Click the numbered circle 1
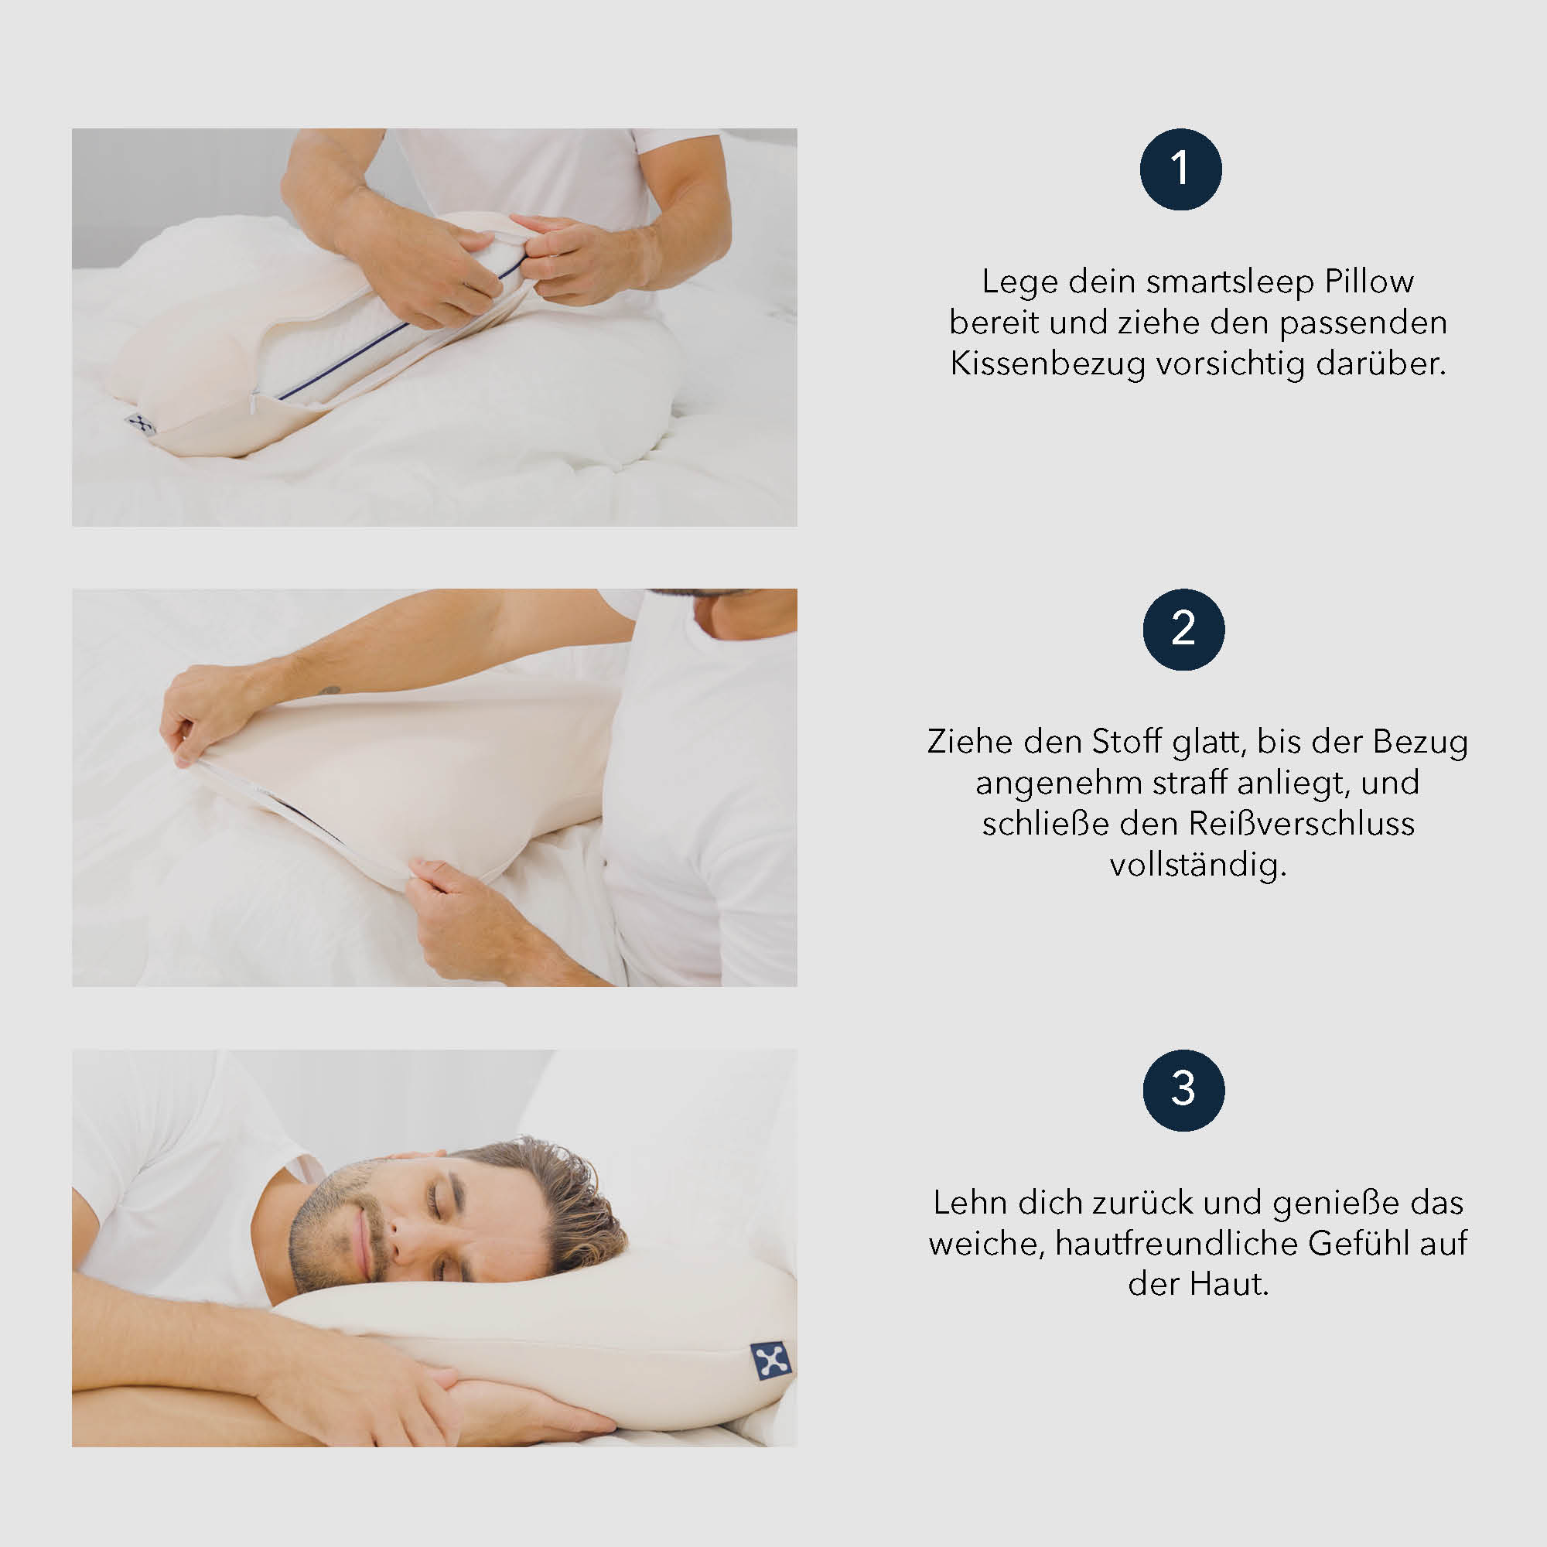[x=1180, y=169]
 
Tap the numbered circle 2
[x=1183, y=630]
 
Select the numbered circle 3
[x=1183, y=1090]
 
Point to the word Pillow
[x=1369, y=282]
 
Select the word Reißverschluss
[x=1302, y=824]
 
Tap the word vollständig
[x=1197, y=866]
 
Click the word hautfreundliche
[x=1177, y=1244]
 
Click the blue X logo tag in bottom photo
[x=771, y=1361]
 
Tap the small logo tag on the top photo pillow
[x=142, y=425]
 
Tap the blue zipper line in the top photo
[x=384, y=337]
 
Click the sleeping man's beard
[x=320, y=1233]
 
